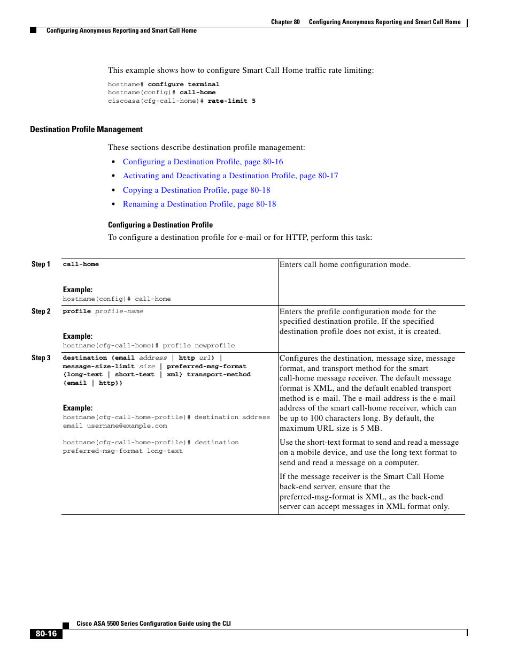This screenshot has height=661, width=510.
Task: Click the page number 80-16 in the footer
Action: [46, 634]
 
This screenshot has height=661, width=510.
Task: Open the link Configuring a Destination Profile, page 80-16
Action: [203, 162]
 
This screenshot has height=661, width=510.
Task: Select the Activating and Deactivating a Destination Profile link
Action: [230, 176]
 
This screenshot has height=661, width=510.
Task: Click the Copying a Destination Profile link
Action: [196, 190]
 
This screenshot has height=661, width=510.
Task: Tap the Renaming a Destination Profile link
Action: [199, 204]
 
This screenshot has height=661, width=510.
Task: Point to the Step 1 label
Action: [41, 264]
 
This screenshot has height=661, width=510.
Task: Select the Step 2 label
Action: [41, 311]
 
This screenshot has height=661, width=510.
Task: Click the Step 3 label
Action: [41, 358]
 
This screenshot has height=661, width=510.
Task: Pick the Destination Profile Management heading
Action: [86, 130]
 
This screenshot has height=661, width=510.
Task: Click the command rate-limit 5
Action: [231, 101]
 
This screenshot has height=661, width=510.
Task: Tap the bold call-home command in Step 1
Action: [81, 264]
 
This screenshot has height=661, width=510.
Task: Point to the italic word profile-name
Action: [119, 311]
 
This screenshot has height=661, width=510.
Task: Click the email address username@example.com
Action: [127, 426]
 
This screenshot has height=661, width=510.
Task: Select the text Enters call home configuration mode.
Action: [345, 264]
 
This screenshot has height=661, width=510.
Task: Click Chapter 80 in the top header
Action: [285, 22]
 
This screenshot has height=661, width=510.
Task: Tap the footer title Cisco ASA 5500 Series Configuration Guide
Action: [153, 624]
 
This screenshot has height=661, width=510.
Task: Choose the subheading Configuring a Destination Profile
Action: [160, 225]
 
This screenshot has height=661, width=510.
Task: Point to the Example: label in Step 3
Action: [78, 408]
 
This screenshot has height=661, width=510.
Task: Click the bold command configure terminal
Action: [183, 85]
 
